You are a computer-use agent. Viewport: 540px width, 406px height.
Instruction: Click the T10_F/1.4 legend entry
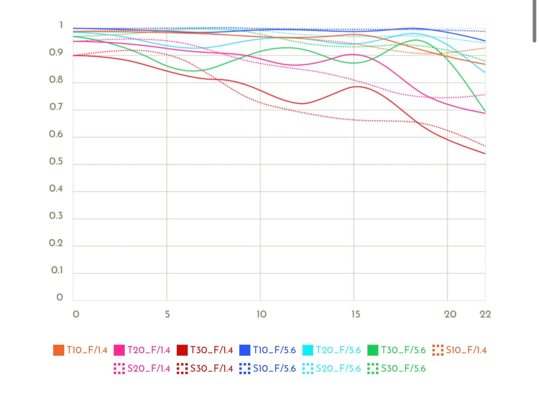click(80, 350)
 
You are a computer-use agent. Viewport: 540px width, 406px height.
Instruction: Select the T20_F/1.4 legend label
click(142, 350)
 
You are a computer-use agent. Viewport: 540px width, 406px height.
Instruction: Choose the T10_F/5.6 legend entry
click(268, 350)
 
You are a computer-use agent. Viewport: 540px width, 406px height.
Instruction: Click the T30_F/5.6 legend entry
click(396, 350)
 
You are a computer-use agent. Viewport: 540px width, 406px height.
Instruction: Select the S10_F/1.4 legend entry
click(459, 350)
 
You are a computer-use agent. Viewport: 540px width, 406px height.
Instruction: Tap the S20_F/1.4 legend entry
click(142, 368)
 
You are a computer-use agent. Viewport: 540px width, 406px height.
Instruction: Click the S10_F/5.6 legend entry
click(268, 368)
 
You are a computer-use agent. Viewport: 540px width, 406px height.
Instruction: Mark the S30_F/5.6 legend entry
click(396, 368)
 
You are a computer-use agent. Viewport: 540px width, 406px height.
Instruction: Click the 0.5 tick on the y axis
click(56, 162)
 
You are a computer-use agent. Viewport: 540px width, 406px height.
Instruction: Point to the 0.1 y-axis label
click(57, 270)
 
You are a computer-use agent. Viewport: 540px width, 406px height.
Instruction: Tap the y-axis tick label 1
click(61, 25)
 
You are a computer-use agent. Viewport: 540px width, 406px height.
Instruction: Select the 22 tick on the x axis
click(485, 314)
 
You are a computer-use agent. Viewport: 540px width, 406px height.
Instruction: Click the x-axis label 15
click(355, 314)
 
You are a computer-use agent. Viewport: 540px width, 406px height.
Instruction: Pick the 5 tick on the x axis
click(167, 314)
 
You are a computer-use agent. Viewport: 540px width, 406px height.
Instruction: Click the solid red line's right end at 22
click(485, 154)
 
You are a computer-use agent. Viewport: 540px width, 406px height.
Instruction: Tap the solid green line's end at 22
click(485, 111)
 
